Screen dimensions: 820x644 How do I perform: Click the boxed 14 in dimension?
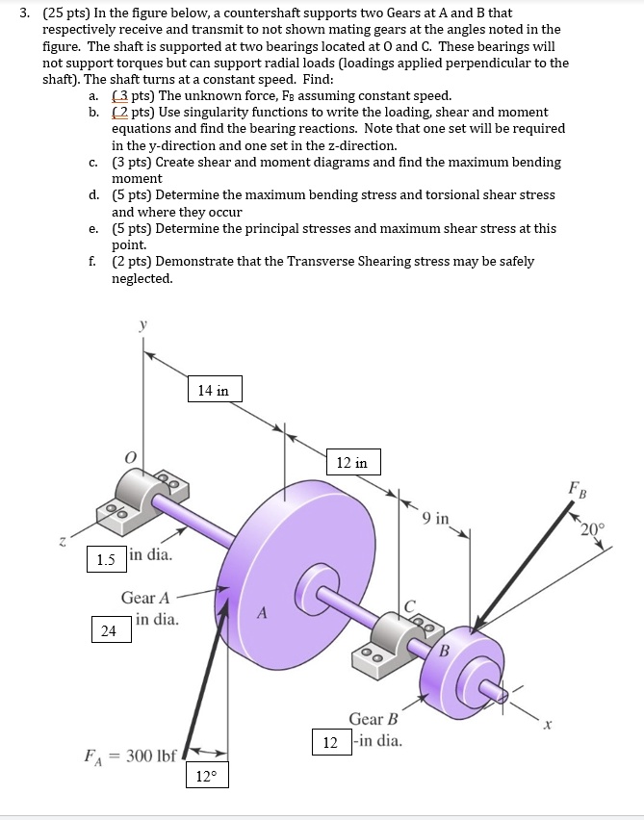pyautogui.click(x=214, y=390)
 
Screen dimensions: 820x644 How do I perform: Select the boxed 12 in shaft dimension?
pyautogui.click(x=351, y=463)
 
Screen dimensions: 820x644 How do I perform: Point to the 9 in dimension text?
pyautogui.click(x=435, y=519)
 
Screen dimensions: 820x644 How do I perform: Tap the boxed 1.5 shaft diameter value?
pyautogui.click(x=106, y=558)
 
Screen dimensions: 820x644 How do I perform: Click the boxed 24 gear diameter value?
pyautogui.click(x=109, y=630)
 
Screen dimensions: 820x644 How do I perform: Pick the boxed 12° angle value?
pyautogui.click(x=208, y=776)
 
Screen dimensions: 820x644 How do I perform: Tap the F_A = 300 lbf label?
pyautogui.click(x=129, y=756)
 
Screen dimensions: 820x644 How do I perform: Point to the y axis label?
pyautogui.click(x=144, y=326)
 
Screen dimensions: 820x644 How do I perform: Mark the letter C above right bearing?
pyautogui.click(x=409, y=604)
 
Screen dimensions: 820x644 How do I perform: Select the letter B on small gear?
pyautogui.click(x=445, y=649)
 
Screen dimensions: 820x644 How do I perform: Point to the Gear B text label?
pyautogui.click(x=374, y=719)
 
